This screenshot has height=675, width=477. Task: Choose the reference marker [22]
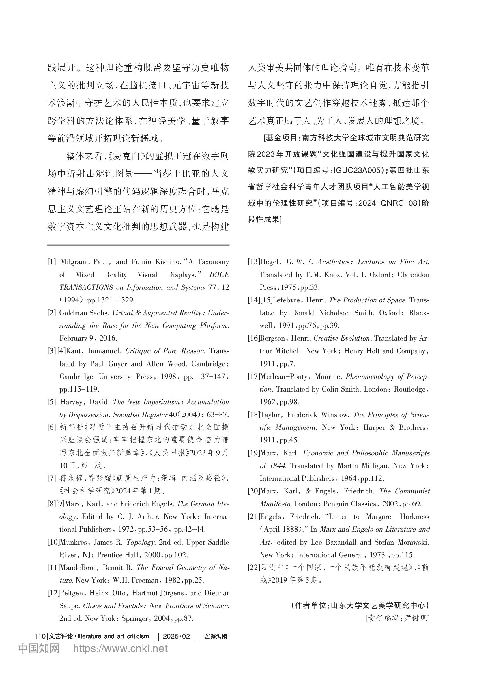pos(254,568)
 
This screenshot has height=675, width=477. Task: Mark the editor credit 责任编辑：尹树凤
pos(397,618)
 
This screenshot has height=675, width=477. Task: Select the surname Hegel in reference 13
pos(269,262)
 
